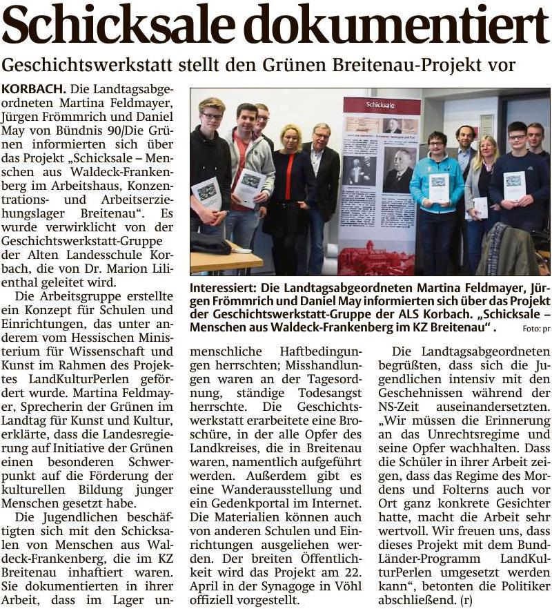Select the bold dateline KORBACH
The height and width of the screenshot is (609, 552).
tap(33, 89)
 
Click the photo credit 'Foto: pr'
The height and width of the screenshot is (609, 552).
tap(536, 329)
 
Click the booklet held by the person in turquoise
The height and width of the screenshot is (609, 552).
tap(440, 188)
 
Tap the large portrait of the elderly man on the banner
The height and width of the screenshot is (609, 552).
tap(400, 168)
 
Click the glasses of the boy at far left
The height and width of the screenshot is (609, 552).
tap(212, 115)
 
